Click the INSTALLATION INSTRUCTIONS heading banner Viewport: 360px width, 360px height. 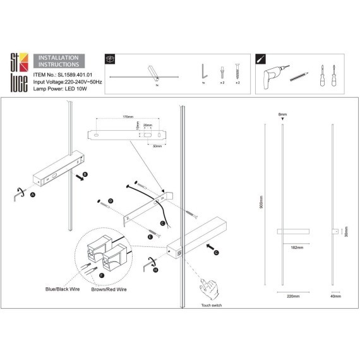pos(59,61)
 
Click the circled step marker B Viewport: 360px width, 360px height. pos(85,171)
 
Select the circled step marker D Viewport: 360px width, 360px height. pos(111,201)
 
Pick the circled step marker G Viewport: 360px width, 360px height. pos(216,252)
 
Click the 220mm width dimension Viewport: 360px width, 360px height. pos(292,296)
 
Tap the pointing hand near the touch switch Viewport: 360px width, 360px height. pos(208,291)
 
